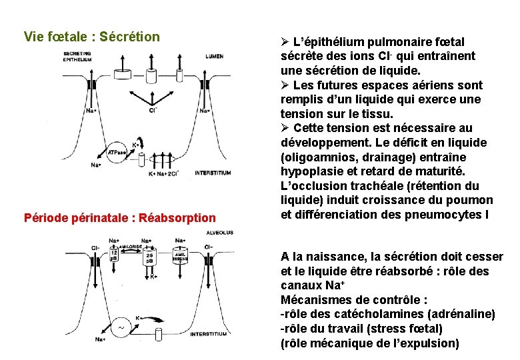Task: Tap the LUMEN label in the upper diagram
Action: point(215,57)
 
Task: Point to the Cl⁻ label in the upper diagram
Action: point(153,109)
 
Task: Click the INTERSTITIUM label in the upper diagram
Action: point(213,173)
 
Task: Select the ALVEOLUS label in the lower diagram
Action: point(219,233)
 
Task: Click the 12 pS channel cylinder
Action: point(115,255)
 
